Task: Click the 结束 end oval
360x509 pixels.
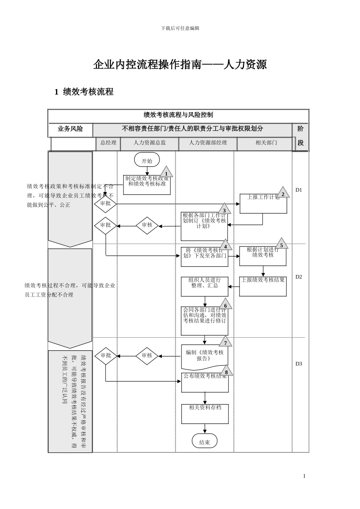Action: point(205,441)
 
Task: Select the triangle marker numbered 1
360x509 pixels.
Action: point(166,173)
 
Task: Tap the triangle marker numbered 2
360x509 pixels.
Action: point(282,193)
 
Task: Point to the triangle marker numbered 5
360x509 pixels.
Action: point(281,244)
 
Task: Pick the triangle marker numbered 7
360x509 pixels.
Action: point(225,342)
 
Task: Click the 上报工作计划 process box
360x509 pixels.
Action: point(263,204)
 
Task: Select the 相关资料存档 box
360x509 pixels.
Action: point(205,414)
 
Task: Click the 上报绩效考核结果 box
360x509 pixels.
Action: point(263,286)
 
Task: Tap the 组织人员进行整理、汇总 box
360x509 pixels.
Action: point(205,286)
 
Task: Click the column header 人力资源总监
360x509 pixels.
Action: point(149,143)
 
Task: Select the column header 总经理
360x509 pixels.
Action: point(108,143)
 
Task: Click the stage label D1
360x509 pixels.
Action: point(299,190)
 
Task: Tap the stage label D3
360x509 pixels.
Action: point(299,364)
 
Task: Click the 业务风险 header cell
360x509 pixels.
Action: point(70,129)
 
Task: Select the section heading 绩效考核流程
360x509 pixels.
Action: point(84,92)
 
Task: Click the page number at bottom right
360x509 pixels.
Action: point(304,476)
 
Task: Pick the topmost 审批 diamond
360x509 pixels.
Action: point(105,204)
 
